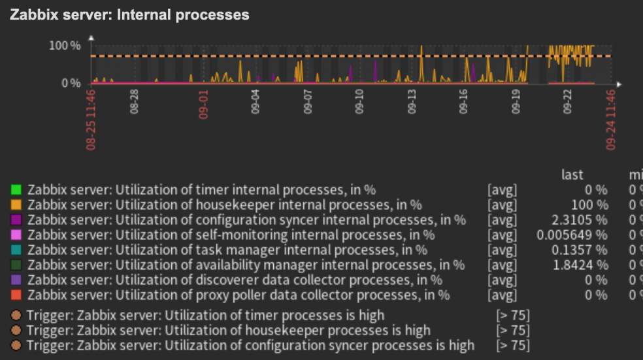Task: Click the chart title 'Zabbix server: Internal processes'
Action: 129,14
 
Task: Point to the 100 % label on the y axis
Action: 65,46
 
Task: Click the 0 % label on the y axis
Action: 71,84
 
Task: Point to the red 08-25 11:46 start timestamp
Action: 91,120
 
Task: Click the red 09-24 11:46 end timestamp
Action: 611,120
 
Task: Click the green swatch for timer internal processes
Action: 16,190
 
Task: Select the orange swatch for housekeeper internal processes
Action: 16,205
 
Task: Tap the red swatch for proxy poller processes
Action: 16,295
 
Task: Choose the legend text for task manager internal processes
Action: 227,250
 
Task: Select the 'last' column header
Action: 572,174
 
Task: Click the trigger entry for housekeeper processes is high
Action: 229,330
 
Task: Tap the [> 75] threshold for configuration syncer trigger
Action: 513,345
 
